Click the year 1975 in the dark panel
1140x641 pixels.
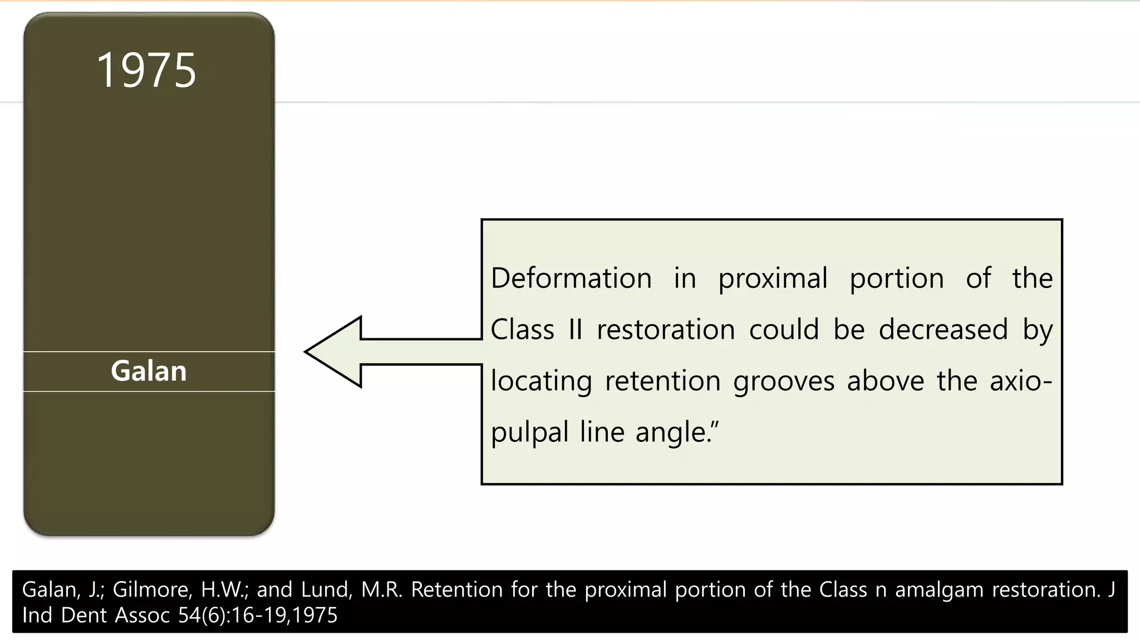146,71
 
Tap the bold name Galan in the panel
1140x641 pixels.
149,371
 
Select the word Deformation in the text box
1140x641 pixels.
571,278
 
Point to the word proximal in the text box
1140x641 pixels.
773,279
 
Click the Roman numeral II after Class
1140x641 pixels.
576,329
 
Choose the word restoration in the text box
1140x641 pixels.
666,329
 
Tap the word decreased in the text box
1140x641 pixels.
943,329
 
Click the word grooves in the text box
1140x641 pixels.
784,382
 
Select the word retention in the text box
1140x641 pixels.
662,381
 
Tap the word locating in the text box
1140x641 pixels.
541,382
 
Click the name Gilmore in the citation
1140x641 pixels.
152,590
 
